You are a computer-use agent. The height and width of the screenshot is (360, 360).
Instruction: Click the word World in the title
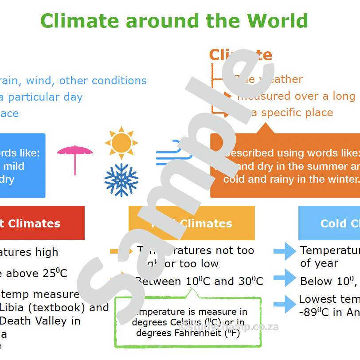[x=277, y=21]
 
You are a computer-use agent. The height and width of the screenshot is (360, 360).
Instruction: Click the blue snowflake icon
[x=121, y=180]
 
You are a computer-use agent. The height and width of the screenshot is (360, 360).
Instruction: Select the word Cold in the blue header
[x=332, y=223]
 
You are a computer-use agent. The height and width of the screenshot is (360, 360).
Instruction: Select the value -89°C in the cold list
[x=314, y=312]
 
